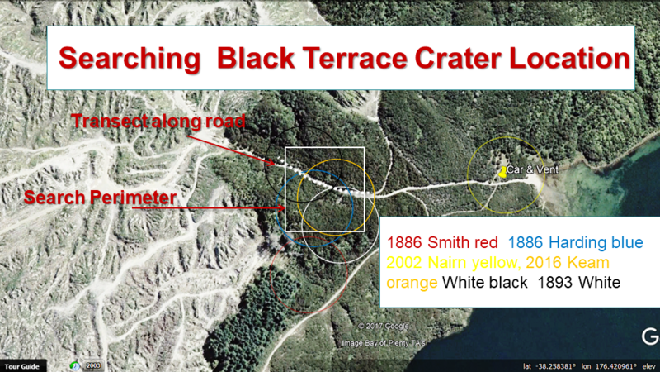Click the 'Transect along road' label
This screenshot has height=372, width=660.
coord(158,122)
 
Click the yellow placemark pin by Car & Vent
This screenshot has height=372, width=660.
coord(502,171)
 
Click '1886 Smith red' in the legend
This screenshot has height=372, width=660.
coord(442,243)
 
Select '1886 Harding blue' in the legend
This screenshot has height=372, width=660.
coord(576,243)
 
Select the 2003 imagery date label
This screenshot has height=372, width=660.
coord(92,365)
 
